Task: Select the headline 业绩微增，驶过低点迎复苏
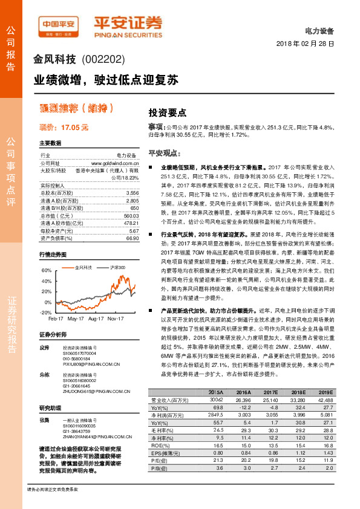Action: click(x=106, y=79)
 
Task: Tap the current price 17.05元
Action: click(x=64, y=128)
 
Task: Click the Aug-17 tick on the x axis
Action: click(x=96, y=317)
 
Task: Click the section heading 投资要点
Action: click(x=167, y=112)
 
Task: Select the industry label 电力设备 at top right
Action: click(x=321, y=31)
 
